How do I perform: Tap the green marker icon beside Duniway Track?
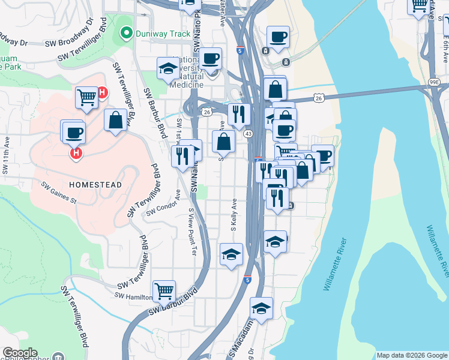[x=126, y=33]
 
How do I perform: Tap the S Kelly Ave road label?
[x=234, y=217]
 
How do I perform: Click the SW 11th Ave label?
[x=7, y=161]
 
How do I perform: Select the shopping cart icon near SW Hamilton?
[x=164, y=291]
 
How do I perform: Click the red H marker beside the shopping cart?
[x=102, y=93]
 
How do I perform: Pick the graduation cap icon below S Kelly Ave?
[x=231, y=254]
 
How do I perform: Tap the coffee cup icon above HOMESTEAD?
[x=74, y=133]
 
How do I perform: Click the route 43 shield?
[x=247, y=134]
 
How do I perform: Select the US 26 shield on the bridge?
[x=319, y=97]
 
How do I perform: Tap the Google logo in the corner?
[x=20, y=353]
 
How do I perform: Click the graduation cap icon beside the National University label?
[x=169, y=68]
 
